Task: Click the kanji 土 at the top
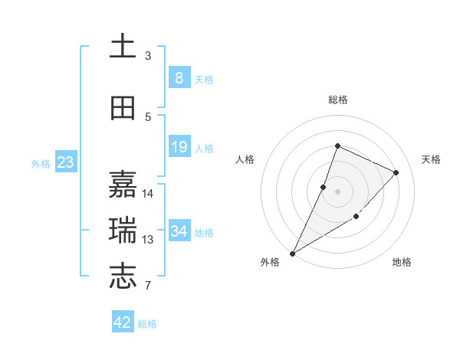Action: click(123, 47)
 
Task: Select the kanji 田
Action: click(123, 109)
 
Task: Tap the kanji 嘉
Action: click(123, 185)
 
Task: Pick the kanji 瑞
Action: click(123, 231)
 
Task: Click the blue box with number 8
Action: click(179, 78)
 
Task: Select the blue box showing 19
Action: click(179, 147)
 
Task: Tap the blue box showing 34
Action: click(179, 231)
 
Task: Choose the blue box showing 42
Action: click(123, 322)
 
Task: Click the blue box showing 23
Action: click(66, 162)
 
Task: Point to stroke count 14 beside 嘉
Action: click(148, 193)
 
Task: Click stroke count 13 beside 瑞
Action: click(148, 239)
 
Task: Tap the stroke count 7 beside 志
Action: click(149, 286)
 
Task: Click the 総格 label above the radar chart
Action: click(338, 100)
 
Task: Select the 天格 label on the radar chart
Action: click(432, 159)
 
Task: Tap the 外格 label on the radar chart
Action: click(270, 263)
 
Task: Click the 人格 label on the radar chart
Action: click(245, 159)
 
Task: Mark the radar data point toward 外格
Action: click(292, 253)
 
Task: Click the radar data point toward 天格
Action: click(396, 172)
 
